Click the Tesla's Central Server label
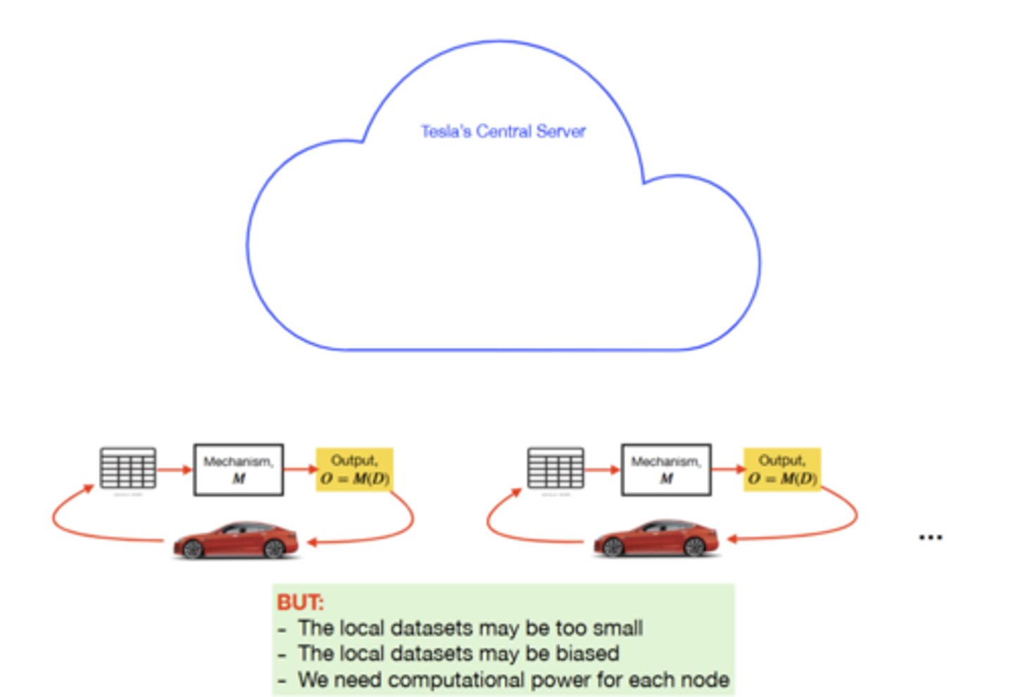click(x=503, y=132)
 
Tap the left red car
click(x=236, y=540)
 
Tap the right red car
click(x=656, y=540)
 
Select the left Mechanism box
click(x=239, y=470)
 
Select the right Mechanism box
click(x=665, y=470)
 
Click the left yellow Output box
click(x=354, y=470)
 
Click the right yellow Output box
click(x=782, y=470)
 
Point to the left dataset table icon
click(x=127, y=468)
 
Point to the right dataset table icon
click(x=556, y=468)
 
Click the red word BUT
click(x=300, y=603)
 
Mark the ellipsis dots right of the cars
click(x=930, y=538)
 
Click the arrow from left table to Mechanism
click(x=174, y=470)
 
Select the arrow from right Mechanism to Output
click(x=727, y=469)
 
